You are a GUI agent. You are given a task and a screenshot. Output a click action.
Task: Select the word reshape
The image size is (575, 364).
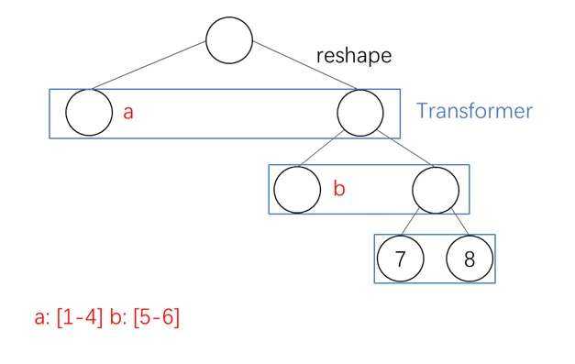coord(353,55)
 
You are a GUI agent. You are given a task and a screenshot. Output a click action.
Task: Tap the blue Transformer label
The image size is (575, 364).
coord(474,111)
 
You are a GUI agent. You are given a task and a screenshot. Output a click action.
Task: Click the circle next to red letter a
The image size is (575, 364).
coord(89,112)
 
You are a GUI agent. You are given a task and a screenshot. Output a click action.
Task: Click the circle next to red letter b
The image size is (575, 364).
coord(296,189)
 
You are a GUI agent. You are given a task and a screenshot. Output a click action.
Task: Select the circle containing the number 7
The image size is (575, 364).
coord(400,259)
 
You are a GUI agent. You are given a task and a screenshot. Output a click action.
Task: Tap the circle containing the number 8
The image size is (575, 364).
coord(469,259)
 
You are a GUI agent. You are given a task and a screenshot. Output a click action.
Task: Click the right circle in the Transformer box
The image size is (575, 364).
coord(359,113)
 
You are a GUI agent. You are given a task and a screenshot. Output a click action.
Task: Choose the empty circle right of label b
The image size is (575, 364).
coord(435,190)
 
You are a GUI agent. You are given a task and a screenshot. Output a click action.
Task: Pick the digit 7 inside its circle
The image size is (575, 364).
coord(400,259)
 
